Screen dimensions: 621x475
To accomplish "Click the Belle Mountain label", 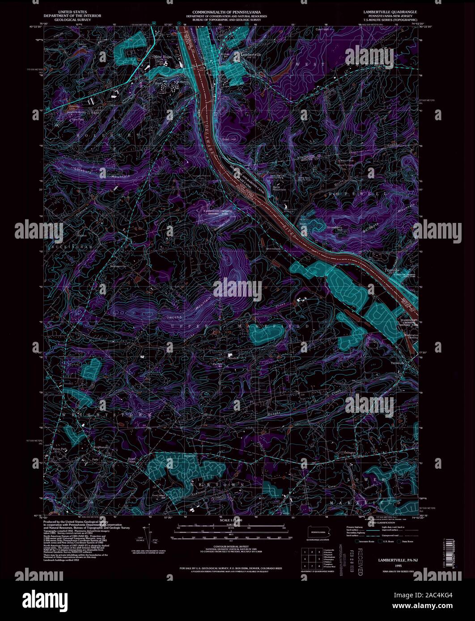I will pyautogui.click(x=279, y=188).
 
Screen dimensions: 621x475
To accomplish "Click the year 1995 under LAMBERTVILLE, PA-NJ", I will pyautogui.click(x=393, y=566).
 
